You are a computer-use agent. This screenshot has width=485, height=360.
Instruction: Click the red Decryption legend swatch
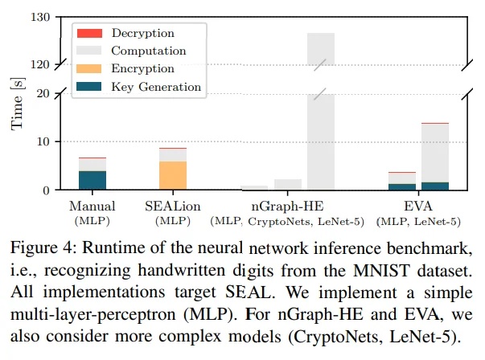coord(89,33)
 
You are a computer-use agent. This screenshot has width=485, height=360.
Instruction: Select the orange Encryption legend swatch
coord(88,68)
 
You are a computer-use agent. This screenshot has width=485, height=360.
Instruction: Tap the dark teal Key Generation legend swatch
coord(88,86)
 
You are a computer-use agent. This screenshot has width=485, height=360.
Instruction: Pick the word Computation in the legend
coord(149,51)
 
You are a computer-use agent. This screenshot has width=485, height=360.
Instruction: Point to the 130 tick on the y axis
coord(40,17)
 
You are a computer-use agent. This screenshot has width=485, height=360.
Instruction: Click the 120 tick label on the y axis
coord(40,65)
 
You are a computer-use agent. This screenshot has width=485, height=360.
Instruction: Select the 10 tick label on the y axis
coord(43,142)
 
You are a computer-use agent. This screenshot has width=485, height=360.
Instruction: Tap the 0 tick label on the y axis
coord(47,190)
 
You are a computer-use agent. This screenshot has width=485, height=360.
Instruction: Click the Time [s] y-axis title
coord(17,104)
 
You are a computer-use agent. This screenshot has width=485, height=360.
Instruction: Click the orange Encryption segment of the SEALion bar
coord(173,175)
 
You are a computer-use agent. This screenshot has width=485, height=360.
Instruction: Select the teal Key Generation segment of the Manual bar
coord(92,180)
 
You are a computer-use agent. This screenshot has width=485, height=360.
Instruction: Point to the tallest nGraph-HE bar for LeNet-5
coord(321,111)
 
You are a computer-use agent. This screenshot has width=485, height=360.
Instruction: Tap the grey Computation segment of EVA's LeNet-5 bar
coord(435,153)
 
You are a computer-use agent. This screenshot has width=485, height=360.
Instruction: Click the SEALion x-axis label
coord(173,206)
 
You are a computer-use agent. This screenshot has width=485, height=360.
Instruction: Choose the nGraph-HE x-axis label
coord(287,206)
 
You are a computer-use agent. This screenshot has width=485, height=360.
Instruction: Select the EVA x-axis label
coord(418,206)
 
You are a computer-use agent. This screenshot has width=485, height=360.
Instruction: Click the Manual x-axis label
coord(92,206)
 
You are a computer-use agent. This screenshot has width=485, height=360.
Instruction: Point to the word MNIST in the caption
coord(382,271)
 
